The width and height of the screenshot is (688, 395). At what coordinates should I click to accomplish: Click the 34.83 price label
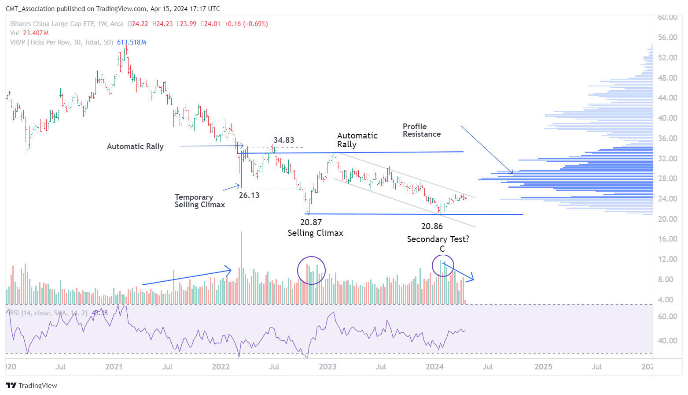coord(283,140)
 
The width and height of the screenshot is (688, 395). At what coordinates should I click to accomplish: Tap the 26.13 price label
coord(249,195)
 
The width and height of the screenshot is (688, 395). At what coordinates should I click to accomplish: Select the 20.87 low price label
coord(311,223)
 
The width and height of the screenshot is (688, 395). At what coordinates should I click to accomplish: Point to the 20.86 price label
coord(432,227)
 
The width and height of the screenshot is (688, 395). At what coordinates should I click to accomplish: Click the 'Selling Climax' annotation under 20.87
coord(315,233)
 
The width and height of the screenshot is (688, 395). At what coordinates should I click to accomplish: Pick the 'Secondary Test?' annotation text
coord(438,239)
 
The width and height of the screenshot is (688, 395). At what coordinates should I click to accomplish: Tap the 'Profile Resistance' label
coord(421,130)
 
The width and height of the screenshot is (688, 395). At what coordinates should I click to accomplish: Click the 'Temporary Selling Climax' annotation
coord(199,201)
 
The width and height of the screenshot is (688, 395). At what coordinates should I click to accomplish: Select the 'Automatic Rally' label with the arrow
coord(135,146)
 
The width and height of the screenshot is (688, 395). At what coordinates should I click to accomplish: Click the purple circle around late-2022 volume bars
coord(311,270)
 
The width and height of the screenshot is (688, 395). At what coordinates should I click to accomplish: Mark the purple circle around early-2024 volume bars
coord(443,265)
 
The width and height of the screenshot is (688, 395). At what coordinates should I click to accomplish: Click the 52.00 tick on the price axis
coord(667,58)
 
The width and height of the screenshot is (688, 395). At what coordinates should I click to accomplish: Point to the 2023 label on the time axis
coord(327,367)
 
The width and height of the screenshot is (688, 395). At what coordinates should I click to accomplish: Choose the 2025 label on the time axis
coord(543,367)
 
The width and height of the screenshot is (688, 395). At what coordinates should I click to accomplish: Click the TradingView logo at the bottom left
coord(32,386)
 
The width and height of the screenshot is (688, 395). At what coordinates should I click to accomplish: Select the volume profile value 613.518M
coord(132,42)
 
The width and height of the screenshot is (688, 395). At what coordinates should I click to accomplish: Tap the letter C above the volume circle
coord(442,249)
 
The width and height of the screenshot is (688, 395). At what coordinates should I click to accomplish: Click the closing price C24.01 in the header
coord(210,24)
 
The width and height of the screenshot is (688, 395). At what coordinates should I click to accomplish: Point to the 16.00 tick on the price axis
coord(667,239)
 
